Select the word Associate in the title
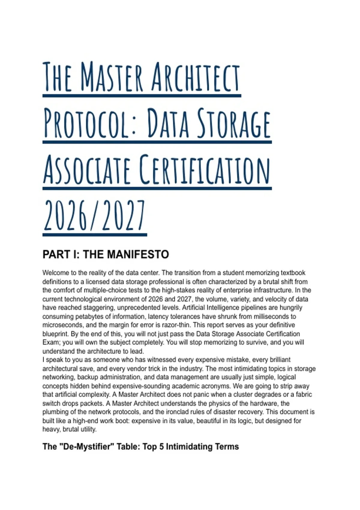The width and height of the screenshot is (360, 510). pos(87,169)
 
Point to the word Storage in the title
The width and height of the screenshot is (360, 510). pos(234,124)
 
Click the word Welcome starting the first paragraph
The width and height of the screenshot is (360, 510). pos(56,273)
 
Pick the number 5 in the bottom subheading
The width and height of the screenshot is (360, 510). pos(161,447)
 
